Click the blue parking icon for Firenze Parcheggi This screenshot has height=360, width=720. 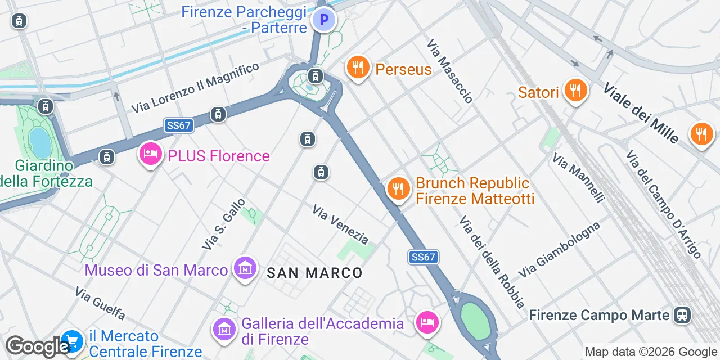324,21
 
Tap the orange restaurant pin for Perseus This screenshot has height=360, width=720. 357,68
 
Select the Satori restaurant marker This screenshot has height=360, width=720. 575,90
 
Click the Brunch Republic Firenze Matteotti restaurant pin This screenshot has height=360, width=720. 398,188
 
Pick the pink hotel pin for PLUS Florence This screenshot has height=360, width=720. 150,154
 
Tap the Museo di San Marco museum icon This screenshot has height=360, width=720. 245,268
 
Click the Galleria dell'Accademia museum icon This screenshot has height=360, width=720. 224,328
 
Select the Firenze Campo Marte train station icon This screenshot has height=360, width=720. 683,315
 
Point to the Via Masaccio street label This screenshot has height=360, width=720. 449,71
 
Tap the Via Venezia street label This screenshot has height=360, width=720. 341,224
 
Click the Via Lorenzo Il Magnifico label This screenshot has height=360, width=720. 195,87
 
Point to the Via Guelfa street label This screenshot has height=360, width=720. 100,303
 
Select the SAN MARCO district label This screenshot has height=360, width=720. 314,273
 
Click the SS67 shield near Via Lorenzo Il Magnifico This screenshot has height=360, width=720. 179,125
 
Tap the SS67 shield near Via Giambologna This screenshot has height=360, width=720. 423,257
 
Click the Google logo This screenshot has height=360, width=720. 37,346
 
